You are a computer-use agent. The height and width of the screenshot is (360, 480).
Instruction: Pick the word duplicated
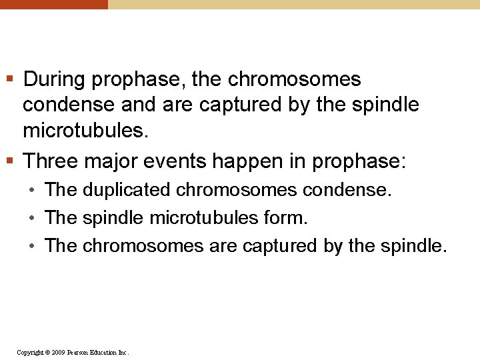tap(126, 190)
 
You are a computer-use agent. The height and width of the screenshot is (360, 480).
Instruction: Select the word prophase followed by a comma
tap(139, 81)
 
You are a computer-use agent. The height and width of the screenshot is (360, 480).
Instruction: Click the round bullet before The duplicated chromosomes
tap(32, 191)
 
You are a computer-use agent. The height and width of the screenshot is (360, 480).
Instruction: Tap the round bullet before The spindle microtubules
tap(32, 219)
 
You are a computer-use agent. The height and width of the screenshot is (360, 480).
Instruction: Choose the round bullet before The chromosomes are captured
tap(32, 247)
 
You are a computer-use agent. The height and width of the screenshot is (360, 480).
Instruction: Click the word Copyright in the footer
tap(31, 352)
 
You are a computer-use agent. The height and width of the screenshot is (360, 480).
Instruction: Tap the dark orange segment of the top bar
tap(53, 4)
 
